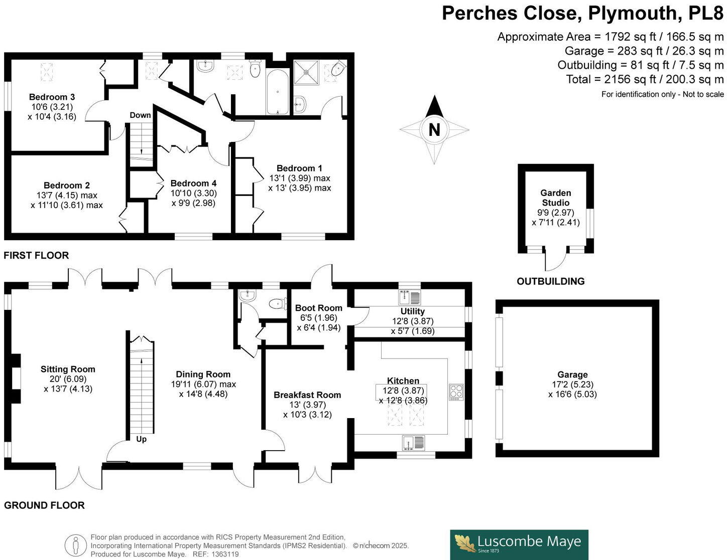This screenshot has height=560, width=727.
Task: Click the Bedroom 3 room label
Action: click(52, 97)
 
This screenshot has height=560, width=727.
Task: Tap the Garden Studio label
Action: click(555, 198)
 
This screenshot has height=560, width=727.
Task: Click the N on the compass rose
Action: click(434, 130)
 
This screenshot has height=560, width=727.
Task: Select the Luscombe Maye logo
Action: click(519, 544)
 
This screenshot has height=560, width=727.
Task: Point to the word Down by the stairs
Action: click(140, 115)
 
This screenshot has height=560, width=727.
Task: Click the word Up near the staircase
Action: click(142, 439)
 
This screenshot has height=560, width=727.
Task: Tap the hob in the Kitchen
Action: click(456, 391)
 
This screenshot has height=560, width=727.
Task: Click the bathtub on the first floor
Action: click(277, 93)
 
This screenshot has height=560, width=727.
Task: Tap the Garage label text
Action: click(572, 375)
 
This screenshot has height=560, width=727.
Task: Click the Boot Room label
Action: click(318, 308)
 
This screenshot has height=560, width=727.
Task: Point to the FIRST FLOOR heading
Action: click(36, 255)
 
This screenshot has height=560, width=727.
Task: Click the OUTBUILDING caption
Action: click(550, 281)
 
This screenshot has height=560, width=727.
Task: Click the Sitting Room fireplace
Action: click(15, 379)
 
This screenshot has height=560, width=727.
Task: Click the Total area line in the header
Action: click(645, 79)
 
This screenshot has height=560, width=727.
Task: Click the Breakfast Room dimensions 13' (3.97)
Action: click(307, 405)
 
